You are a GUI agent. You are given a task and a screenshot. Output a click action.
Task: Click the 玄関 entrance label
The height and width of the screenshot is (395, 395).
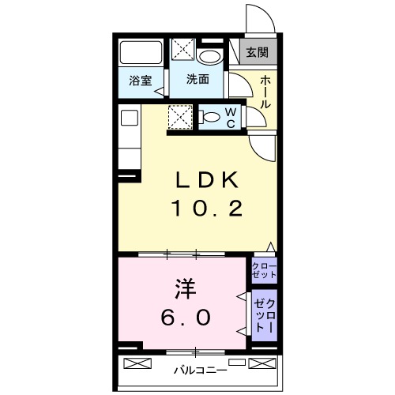(257, 53)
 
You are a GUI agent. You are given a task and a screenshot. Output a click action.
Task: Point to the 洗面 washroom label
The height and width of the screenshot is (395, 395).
(197, 80)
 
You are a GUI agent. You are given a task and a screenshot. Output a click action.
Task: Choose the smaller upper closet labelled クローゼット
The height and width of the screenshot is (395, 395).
(265, 270)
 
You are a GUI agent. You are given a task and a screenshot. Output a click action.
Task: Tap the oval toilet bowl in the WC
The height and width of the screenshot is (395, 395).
(212, 118)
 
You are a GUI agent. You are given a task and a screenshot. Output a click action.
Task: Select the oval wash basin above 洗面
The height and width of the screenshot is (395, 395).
(211, 57)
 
